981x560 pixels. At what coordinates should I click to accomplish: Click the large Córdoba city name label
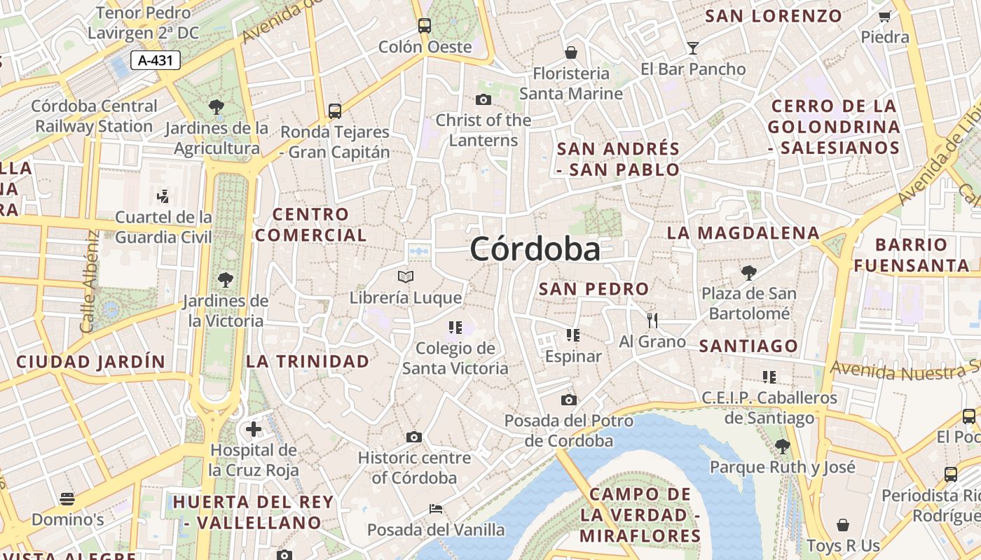[x=535, y=249]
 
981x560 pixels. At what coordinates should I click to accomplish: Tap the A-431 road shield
[x=156, y=60]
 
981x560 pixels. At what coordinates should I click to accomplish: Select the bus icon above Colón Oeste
[x=425, y=26]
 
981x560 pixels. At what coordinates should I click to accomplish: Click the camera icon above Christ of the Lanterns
[x=483, y=99]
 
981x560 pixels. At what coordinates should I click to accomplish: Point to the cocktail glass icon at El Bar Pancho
[x=693, y=48]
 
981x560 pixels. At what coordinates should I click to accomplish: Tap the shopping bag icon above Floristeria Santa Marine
[x=571, y=52]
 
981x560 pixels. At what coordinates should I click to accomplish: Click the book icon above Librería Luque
[x=406, y=276]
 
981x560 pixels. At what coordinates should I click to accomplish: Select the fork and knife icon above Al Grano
[x=652, y=321]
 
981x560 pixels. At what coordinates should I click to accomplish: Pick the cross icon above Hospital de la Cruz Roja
[x=254, y=428]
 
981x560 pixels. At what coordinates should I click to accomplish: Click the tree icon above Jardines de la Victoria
[x=226, y=280]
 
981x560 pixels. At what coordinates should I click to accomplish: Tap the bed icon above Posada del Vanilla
[x=436, y=509]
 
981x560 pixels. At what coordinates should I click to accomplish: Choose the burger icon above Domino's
[x=67, y=498]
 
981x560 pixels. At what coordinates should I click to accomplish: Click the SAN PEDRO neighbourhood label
[x=594, y=288]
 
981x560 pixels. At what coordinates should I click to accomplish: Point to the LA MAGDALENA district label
[x=743, y=233]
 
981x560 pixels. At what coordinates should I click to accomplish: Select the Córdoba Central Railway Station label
[x=94, y=116]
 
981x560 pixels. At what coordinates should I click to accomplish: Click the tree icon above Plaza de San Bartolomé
[x=749, y=272]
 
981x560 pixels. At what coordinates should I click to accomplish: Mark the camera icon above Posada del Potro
[x=569, y=400]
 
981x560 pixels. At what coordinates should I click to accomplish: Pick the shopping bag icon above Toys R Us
[x=843, y=525]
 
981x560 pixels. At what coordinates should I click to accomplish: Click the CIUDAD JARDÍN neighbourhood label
[x=90, y=362]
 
